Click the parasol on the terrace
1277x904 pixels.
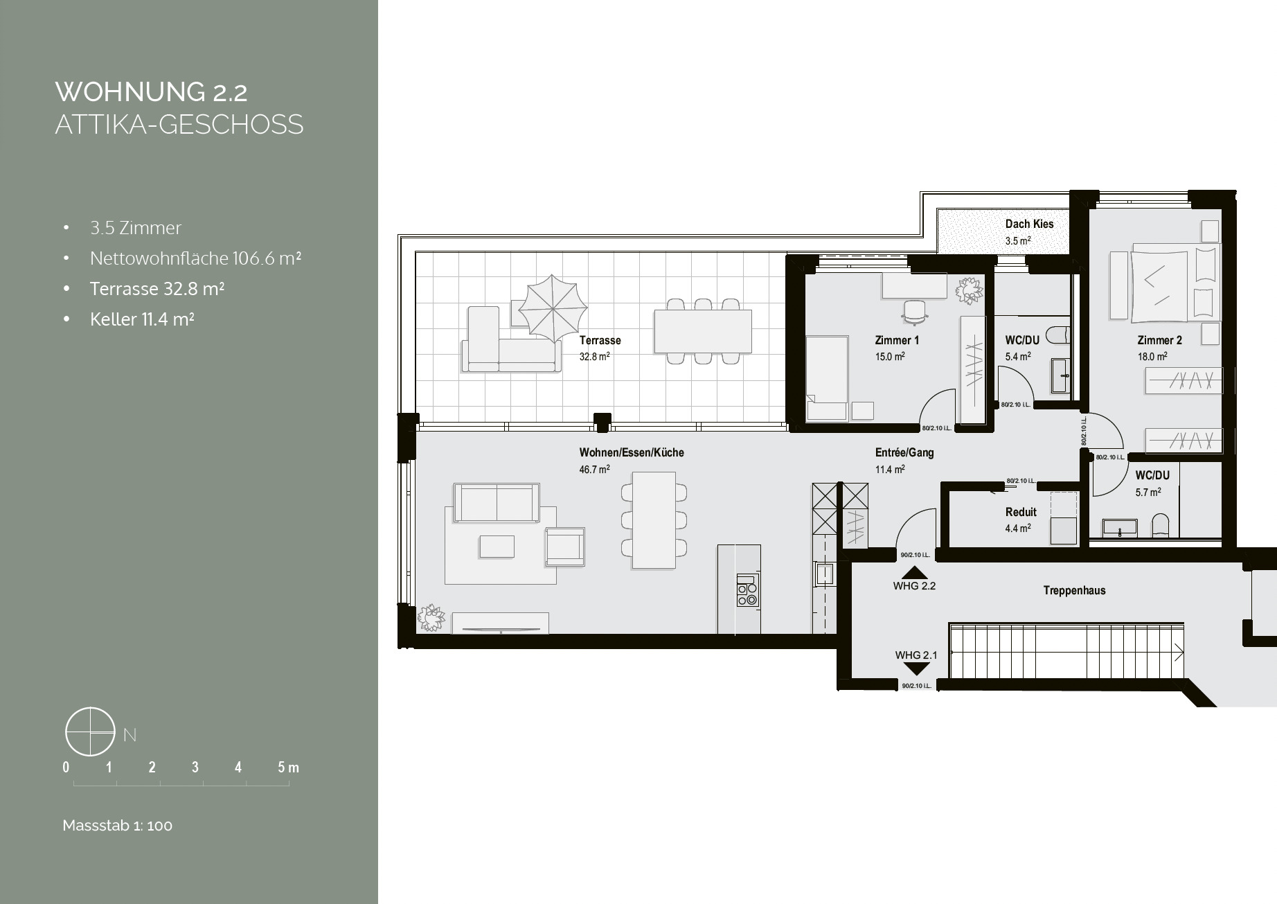(x=552, y=307)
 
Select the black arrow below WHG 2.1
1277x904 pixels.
(x=916, y=668)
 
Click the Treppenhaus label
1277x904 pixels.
(x=1074, y=590)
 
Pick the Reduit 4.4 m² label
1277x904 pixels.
(x=1021, y=520)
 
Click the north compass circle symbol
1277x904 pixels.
(x=90, y=732)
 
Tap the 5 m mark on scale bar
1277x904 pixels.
(x=288, y=768)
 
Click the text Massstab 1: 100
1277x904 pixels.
(x=117, y=826)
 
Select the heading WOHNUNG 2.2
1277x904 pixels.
(x=151, y=92)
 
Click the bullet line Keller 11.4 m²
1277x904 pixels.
(x=141, y=319)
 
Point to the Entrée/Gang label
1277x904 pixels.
(x=904, y=460)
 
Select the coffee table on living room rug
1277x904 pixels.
(x=496, y=547)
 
